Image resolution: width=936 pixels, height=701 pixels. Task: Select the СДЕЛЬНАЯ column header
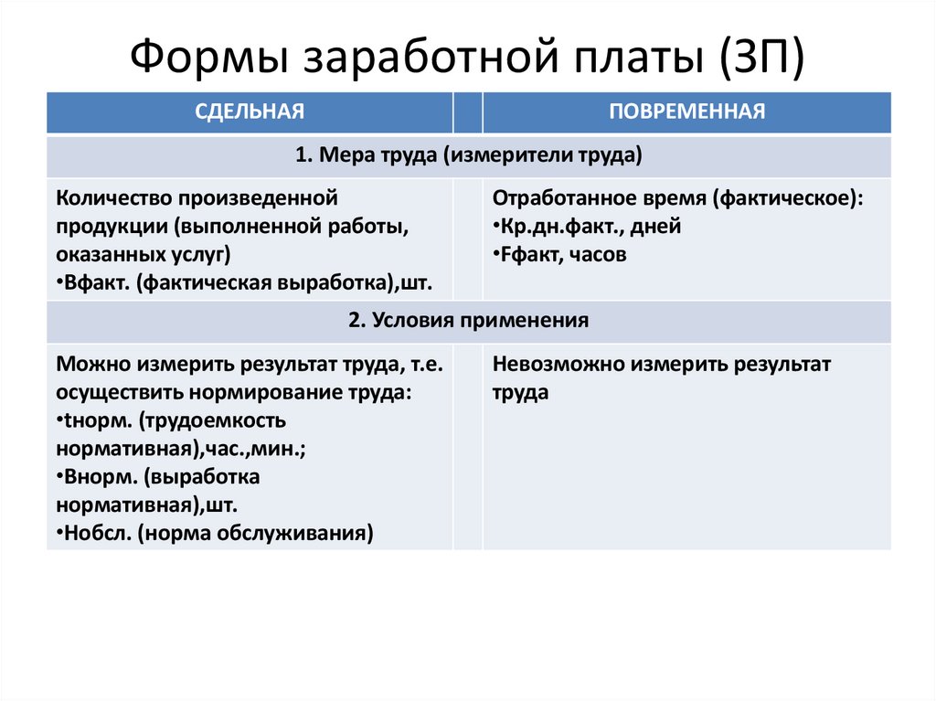pos(249,112)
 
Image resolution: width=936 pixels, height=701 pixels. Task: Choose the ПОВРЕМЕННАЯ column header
pos(686,112)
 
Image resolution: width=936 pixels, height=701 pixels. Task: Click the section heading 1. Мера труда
pos(468,156)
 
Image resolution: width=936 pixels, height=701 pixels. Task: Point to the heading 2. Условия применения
pos(468,322)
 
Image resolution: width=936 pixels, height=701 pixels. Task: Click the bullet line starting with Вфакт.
pos(243,283)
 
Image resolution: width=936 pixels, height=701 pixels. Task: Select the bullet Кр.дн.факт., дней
pos(586,227)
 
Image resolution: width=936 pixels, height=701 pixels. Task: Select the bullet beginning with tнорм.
pos(171,421)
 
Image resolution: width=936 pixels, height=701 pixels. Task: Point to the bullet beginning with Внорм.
pos(157,477)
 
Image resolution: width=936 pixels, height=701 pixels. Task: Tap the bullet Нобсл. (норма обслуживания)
pos(214,534)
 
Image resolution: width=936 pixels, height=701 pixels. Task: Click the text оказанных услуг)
pos(144,255)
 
